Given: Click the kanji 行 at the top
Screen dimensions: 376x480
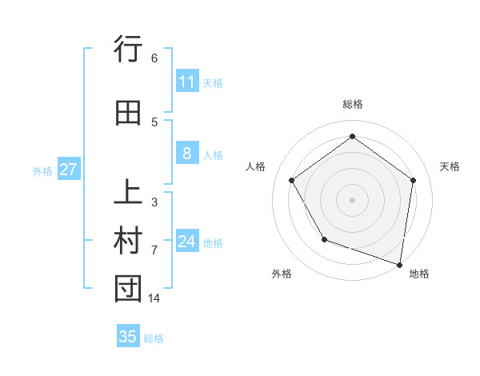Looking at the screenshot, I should tap(128, 50).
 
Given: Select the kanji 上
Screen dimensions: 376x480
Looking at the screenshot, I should tap(128, 194).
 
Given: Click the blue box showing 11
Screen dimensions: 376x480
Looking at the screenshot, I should tap(187, 82).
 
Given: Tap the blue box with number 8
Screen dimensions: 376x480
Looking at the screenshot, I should tap(187, 154).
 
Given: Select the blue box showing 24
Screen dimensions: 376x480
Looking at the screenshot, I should tap(187, 242).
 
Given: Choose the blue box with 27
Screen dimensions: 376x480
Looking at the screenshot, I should tap(68, 170).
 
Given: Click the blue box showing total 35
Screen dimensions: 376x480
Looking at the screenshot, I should tap(128, 337).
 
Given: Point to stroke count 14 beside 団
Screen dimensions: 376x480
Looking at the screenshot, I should tap(154, 298).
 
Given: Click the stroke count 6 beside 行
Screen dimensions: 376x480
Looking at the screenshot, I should tap(154, 58).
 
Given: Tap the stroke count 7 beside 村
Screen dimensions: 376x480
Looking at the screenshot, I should tap(154, 250).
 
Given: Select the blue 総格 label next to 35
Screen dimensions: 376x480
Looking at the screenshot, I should tap(154, 338).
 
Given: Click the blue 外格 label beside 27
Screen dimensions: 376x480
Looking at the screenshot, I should tap(42, 170).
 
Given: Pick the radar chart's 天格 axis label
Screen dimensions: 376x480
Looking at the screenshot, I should tap(450, 166).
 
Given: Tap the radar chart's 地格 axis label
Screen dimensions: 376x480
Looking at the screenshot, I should tap(419, 274).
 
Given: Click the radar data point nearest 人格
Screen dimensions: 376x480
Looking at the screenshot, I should tap(292, 180).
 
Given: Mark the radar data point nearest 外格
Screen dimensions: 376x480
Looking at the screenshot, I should tap(324, 239).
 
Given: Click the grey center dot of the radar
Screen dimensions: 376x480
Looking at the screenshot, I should tap(352, 199).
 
